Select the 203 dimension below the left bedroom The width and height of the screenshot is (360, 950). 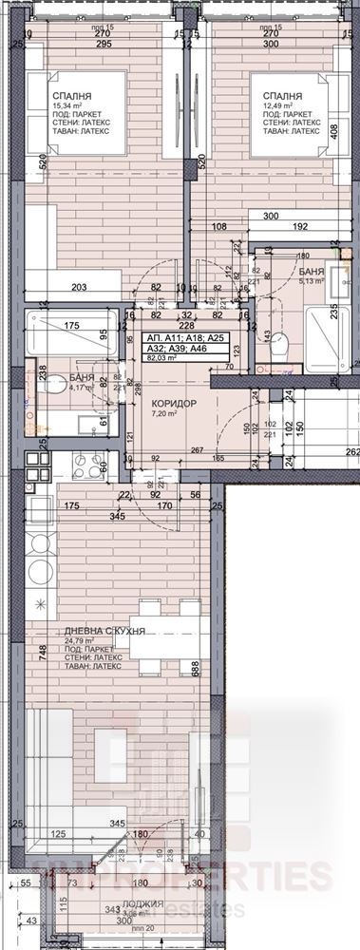(79, 286)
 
